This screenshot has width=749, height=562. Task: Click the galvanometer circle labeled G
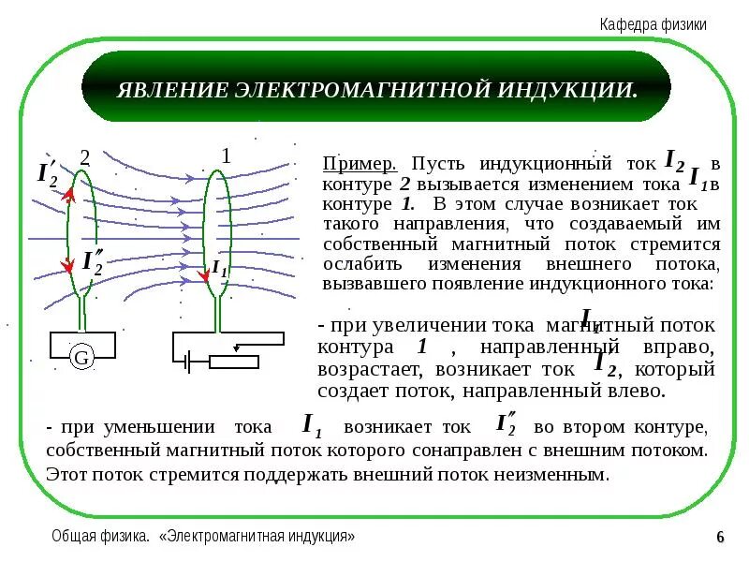coord(81,357)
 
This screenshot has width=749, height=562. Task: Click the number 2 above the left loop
coord(84,157)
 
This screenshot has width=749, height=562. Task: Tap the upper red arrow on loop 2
coord(68,196)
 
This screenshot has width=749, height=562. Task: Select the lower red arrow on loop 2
coord(67,266)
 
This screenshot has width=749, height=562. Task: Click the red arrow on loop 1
coord(206,274)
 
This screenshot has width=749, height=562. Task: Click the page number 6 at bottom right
coord(720,537)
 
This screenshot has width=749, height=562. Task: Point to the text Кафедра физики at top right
coord(653,25)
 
